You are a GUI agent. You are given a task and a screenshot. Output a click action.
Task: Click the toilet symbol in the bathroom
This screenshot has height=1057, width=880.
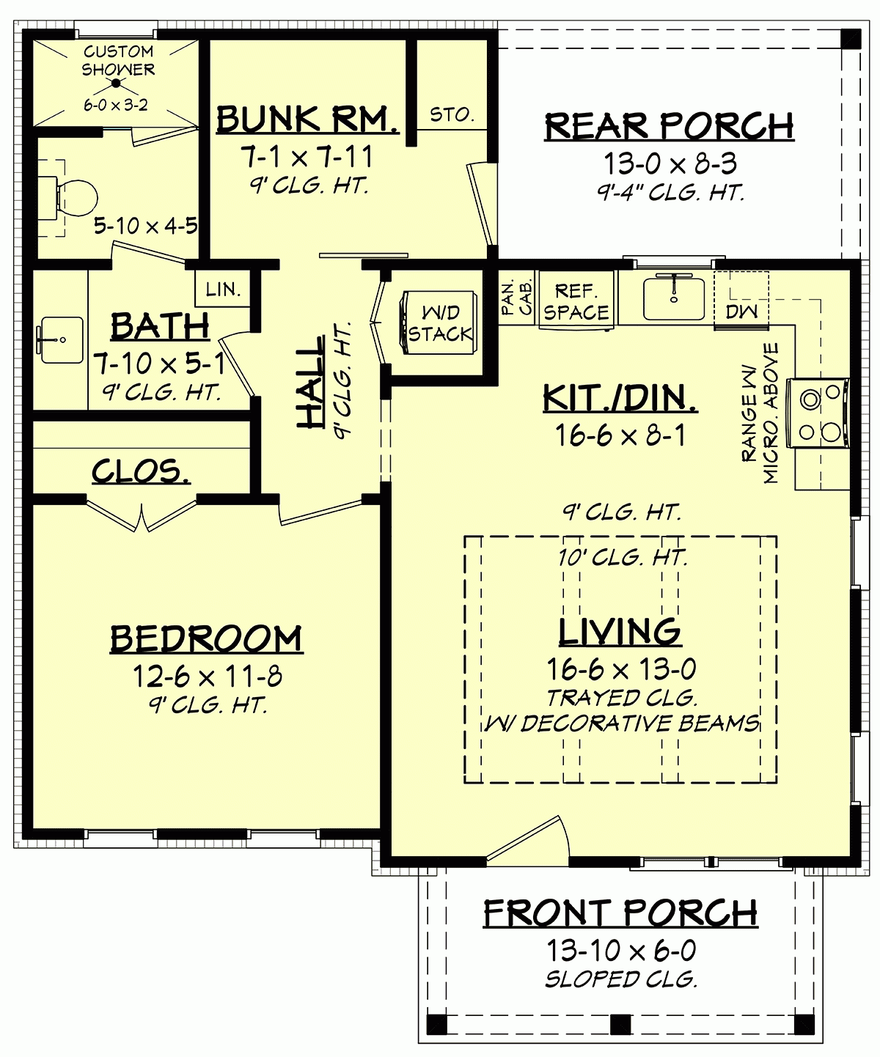[x=73, y=196]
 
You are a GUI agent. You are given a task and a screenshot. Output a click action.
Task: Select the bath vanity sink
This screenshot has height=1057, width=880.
[x=61, y=340]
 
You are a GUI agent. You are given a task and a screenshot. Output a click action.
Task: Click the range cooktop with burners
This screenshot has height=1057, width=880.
[x=819, y=413]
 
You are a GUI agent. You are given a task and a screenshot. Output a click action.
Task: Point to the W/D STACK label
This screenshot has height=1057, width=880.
[x=440, y=324]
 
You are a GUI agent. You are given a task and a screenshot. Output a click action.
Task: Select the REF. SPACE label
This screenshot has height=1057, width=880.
[x=576, y=302]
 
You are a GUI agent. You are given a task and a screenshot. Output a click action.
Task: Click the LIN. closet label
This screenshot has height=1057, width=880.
[x=223, y=290]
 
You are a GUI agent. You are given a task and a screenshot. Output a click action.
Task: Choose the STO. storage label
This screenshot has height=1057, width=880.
[x=452, y=115]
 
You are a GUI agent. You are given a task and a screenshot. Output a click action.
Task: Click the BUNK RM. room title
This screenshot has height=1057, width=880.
[x=308, y=119]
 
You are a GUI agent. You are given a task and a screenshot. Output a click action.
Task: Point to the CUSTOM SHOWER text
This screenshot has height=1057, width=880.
[x=118, y=61]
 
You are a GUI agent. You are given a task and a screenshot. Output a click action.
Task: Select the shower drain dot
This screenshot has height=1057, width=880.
[x=116, y=84]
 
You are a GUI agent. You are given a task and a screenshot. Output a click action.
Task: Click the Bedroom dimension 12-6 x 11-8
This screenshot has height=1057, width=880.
[x=207, y=676]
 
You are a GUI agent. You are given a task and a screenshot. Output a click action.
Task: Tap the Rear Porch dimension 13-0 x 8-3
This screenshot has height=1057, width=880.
[x=670, y=163]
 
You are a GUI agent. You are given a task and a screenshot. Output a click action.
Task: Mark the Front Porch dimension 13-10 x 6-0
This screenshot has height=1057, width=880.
[x=620, y=951]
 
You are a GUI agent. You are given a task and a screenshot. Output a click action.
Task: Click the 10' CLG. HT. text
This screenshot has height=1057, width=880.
[x=622, y=558]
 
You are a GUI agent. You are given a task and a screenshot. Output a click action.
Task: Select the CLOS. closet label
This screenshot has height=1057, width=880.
[x=141, y=471]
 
